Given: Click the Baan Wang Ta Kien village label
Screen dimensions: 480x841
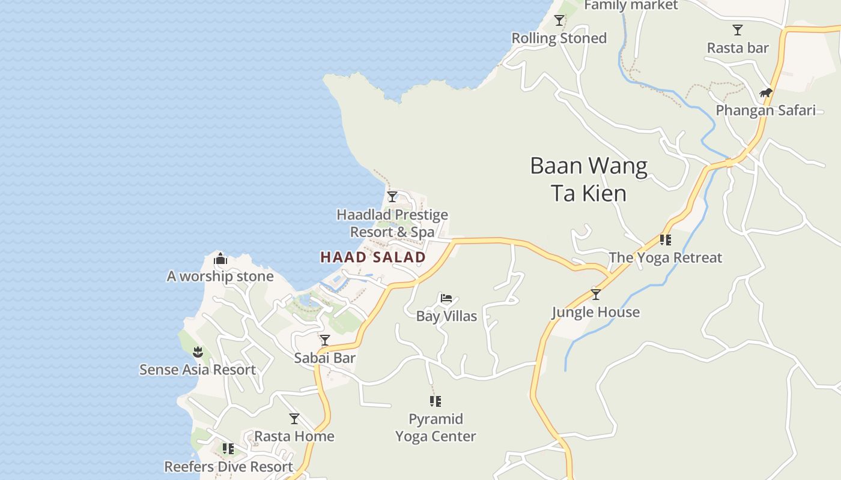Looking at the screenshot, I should pyautogui.click(x=589, y=179).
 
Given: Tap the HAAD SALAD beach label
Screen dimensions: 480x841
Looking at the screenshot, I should pyautogui.click(x=373, y=257).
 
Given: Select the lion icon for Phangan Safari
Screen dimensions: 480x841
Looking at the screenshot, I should pyautogui.click(x=765, y=92).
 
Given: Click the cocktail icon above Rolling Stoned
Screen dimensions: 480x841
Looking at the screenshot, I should pyautogui.click(x=559, y=20).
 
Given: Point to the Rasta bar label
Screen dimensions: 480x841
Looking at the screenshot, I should pyautogui.click(x=738, y=48).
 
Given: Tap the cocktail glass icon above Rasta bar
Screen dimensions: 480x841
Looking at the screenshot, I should pyautogui.click(x=738, y=30).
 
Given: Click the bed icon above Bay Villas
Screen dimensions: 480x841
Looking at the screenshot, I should pyautogui.click(x=446, y=298).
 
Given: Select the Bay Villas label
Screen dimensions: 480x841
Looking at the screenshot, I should pyautogui.click(x=446, y=316).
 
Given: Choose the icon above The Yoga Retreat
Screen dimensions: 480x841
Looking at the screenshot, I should pyautogui.click(x=665, y=240).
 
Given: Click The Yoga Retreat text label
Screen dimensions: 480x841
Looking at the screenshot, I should pyautogui.click(x=665, y=258).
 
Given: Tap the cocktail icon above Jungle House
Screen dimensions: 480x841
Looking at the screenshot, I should pyautogui.click(x=595, y=295).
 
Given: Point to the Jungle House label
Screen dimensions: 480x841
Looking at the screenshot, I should pyautogui.click(x=595, y=312).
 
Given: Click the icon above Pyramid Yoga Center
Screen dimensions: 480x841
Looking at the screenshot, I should pyautogui.click(x=436, y=401).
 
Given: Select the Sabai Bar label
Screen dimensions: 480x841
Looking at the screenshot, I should pyautogui.click(x=324, y=358).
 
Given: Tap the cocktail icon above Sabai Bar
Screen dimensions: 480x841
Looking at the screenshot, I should pyautogui.click(x=325, y=340).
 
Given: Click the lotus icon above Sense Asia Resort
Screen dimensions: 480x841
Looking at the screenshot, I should pyautogui.click(x=198, y=352).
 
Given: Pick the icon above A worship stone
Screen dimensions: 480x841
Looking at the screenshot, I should pyautogui.click(x=220, y=259).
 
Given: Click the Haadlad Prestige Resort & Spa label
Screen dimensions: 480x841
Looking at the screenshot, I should pyautogui.click(x=392, y=223).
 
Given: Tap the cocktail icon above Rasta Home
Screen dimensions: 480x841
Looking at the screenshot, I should pyautogui.click(x=294, y=418).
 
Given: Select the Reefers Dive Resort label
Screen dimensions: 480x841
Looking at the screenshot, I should pyautogui.click(x=228, y=467).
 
